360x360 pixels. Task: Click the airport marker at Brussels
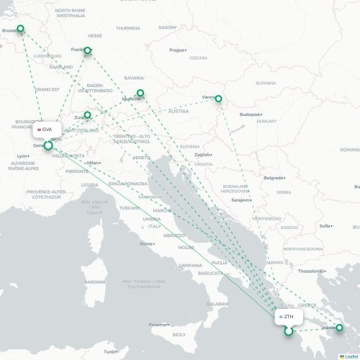(20, 30)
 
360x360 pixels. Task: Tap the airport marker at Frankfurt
(88, 50)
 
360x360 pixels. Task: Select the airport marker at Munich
(140, 93)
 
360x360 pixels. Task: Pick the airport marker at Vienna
(218, 99)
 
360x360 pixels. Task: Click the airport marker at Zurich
(88, 114)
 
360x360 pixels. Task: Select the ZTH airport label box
(288, 317)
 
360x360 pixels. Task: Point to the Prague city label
(177, 50)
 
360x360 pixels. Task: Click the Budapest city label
(251, 114)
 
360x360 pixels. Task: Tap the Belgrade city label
(274, 177)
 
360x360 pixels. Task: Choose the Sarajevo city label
(240, 199)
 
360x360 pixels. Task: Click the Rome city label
(147, 243)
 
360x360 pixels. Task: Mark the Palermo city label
(158, 325)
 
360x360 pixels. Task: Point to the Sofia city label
(325, 225)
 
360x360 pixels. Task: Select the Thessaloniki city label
(312, 271)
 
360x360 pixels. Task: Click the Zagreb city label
(202, 154)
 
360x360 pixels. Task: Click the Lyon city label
(23, 156)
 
